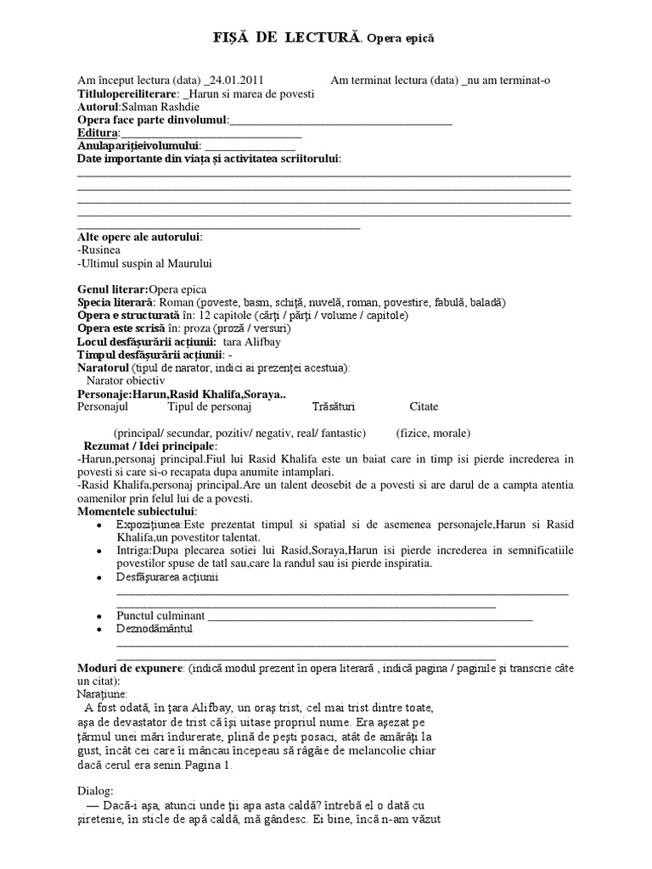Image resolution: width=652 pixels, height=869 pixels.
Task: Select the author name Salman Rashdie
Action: click(x=157, y=107)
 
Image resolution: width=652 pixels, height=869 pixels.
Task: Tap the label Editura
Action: click(x=96, y=133)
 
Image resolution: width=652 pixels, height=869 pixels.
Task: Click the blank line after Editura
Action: click(x=211, y=135)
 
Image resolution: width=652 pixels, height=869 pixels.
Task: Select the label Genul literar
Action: click(x=111, y=289)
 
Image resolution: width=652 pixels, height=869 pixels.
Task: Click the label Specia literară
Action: click(x=115, y=302)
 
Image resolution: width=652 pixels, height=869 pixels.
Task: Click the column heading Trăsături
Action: click(x=334, y=407)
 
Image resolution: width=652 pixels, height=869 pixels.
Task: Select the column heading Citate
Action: click(x=424, y=407)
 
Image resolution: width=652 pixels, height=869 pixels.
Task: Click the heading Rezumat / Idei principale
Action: click(x=150, y=446)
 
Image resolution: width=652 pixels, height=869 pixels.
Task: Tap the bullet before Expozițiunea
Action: click(x=101, y=527)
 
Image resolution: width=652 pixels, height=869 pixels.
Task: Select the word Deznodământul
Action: click(x=155, y=629)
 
